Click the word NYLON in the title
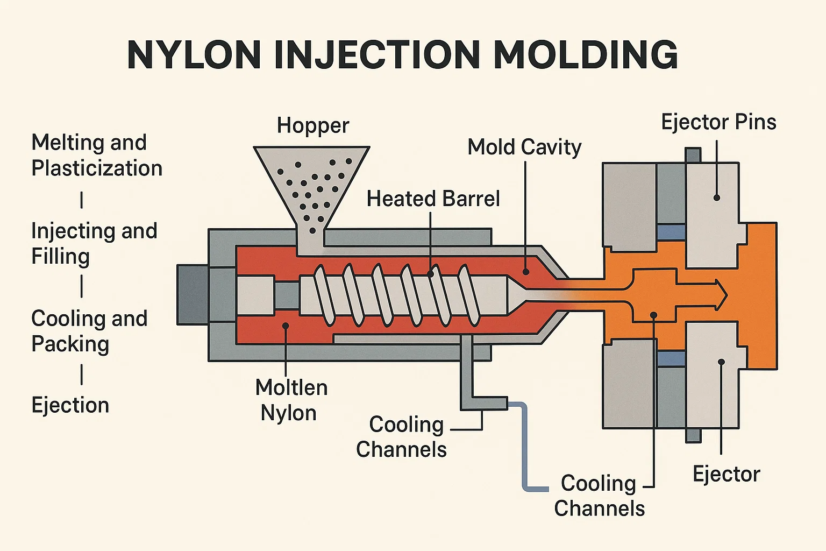tap(194, 54)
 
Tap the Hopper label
tap(313, 125)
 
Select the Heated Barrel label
tap(433, 199)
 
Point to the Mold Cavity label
tap(524, 147)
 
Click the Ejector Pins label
tap(718, 122)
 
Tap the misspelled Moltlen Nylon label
tap(291, 400)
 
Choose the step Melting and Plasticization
tap(97, 156)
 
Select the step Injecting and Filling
tap(94, 243)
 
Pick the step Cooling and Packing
tap(89, 331)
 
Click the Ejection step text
tap(70, 405)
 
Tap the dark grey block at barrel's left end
tap(193, 295)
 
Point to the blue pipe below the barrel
tap(525, 447)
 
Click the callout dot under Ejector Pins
tap(716, 197)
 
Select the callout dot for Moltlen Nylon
tap(286, 326)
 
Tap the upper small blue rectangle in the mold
tap(671, 232)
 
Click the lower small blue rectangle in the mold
tap(671, 359)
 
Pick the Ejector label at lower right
tap(726, 474)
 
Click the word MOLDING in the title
tap(586, 54)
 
